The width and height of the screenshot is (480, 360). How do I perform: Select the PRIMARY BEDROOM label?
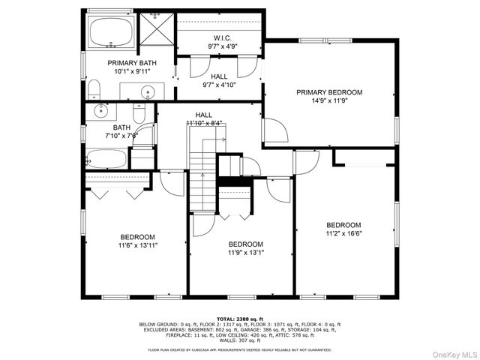(328, 92)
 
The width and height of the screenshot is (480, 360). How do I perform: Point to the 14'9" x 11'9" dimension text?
(328, 101)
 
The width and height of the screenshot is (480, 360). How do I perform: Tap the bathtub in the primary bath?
(111, 32)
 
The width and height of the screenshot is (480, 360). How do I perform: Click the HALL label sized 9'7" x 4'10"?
(219, 76)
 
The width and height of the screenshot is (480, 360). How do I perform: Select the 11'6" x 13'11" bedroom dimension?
(137, 245)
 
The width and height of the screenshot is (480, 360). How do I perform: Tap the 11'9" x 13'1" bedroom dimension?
(245, 253)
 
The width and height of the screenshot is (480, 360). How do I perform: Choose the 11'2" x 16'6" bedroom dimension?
(343, 234)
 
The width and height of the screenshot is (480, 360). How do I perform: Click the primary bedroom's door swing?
(274, 133)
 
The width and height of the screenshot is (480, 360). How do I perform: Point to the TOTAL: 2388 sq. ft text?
(239, 318)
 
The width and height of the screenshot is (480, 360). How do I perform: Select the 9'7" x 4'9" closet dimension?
(222, 46)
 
